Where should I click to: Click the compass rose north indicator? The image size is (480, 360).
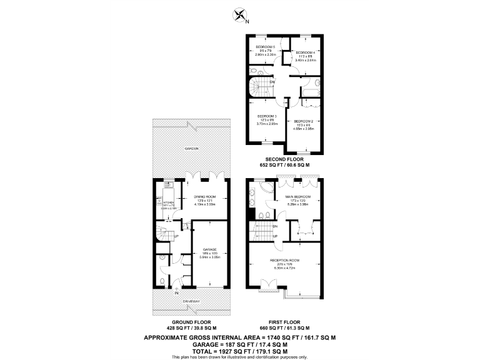tap(239, 15)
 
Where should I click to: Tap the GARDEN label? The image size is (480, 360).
tap(191, 149)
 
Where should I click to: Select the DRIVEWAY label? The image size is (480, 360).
tap(191, 301)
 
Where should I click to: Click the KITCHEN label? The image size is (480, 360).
tap(167, 202)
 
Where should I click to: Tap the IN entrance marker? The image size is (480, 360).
tap(177, 292)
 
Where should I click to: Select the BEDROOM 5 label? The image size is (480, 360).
tap(266, 47)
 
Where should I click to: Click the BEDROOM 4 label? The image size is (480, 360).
tap(305, 52)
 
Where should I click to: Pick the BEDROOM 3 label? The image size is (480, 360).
tap(266, 116)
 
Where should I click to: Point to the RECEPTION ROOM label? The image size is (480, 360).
tap(284, 259)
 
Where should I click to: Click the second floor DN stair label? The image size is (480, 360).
tap(272, 82)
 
